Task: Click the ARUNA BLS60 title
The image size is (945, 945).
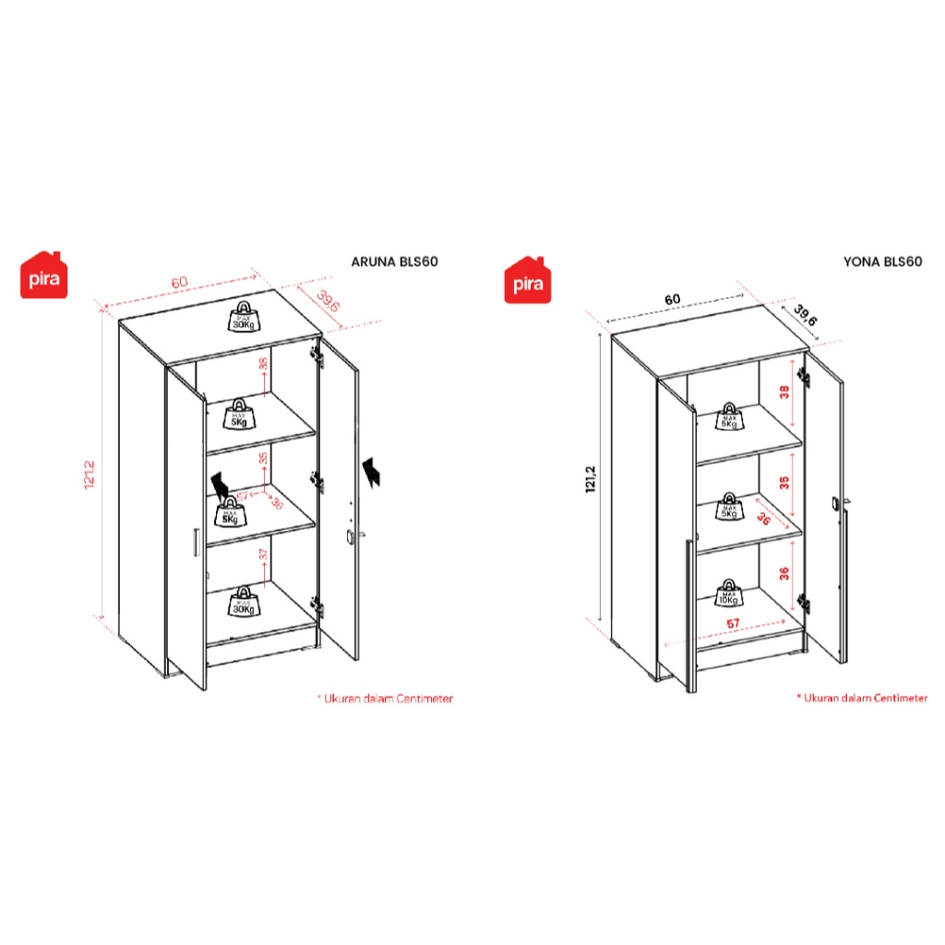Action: pos(394,261)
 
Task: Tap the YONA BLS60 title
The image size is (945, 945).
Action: pos(882,261)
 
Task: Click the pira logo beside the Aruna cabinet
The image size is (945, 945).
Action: pos(45,275)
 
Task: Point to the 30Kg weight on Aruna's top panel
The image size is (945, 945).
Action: pos(243,317)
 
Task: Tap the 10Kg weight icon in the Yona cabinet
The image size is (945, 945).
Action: pos(729,592)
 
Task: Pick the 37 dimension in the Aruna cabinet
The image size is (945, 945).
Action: pos(264,555)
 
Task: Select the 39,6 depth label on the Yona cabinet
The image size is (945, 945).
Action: pos(804,317)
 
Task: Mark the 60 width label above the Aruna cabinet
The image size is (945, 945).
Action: pos(179,281)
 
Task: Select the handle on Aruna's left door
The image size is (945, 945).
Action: pos(196,544)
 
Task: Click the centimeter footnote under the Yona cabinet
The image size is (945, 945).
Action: pos(862,699)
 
